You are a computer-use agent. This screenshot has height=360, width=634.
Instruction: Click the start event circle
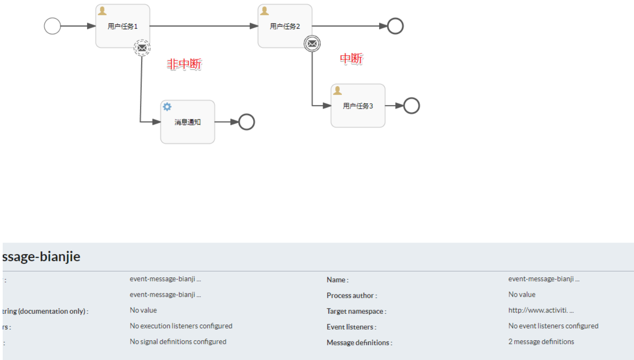coord(52,26)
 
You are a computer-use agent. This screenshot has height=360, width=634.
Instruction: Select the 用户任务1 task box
coord(122,26)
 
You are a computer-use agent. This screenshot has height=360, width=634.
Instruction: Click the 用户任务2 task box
coord(284,26)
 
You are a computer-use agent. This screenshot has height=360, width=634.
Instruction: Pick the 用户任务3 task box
coord(358,106)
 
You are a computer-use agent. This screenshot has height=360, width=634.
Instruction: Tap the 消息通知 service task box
coord(188,122)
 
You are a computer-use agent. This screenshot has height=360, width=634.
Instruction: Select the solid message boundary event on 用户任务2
coord(312,44)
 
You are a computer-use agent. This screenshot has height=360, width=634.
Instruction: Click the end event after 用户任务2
coord(395,26)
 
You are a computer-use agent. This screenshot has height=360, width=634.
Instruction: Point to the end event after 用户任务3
coord(411,106)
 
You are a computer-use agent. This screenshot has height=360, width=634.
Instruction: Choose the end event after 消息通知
coord(247,122)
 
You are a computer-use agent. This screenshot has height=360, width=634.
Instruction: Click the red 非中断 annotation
coord(184,64)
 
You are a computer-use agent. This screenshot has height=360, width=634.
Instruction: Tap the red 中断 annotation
coord(351,58)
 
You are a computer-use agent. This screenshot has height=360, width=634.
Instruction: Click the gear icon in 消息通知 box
coord(167,107)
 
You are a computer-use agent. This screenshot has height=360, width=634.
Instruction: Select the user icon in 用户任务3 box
coord(337,91)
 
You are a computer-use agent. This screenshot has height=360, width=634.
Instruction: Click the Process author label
coord(352,295)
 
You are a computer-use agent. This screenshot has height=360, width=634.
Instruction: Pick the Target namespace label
coord(356,311)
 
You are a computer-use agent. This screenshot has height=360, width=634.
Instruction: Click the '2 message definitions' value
coord(541,342)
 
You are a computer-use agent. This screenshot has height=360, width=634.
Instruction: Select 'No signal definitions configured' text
coord(178,342)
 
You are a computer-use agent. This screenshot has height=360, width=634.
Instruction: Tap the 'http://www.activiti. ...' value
coord(541,310)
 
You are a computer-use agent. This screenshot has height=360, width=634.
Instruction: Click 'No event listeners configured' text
coord(553,326)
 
